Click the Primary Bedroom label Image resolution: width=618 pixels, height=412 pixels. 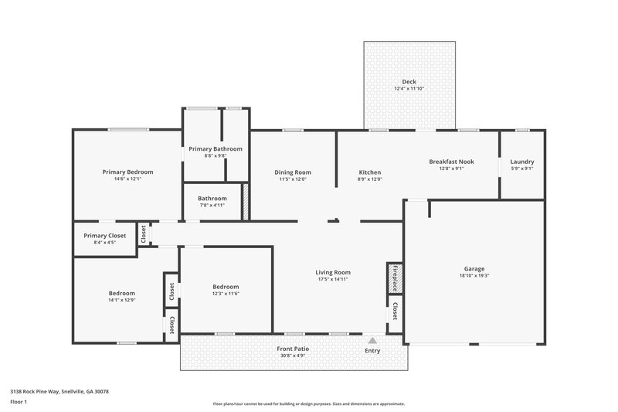coord(127,172)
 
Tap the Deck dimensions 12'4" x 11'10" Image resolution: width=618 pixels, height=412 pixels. coord(409,89)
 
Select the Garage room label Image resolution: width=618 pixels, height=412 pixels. coord(474,267)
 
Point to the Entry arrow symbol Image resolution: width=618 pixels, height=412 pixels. coord(372,339)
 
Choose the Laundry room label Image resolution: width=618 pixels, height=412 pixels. coord(522,162)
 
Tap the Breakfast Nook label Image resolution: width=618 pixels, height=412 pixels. coord(451,162)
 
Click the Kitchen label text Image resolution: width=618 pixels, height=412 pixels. coord(370,172)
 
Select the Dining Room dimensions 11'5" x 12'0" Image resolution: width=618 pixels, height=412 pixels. coord(293,179)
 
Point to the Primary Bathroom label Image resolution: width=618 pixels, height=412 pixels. coord(216,148)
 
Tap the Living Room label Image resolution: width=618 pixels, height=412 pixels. coord(333,272)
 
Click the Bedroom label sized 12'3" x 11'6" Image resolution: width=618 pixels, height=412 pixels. coord(226,286)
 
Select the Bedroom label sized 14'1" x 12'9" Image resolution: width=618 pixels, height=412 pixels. coord(121,293)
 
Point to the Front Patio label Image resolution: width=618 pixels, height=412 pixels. coord(293,349)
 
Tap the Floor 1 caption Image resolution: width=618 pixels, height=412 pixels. coord(19,402)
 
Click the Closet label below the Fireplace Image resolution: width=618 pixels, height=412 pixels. coord(395,311)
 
